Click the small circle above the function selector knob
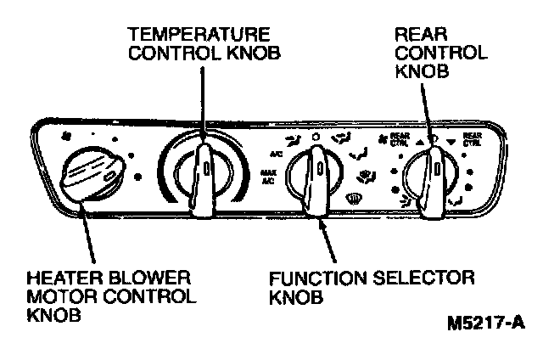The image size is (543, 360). pos(316,135)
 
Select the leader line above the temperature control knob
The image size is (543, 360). pos(203,102)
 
